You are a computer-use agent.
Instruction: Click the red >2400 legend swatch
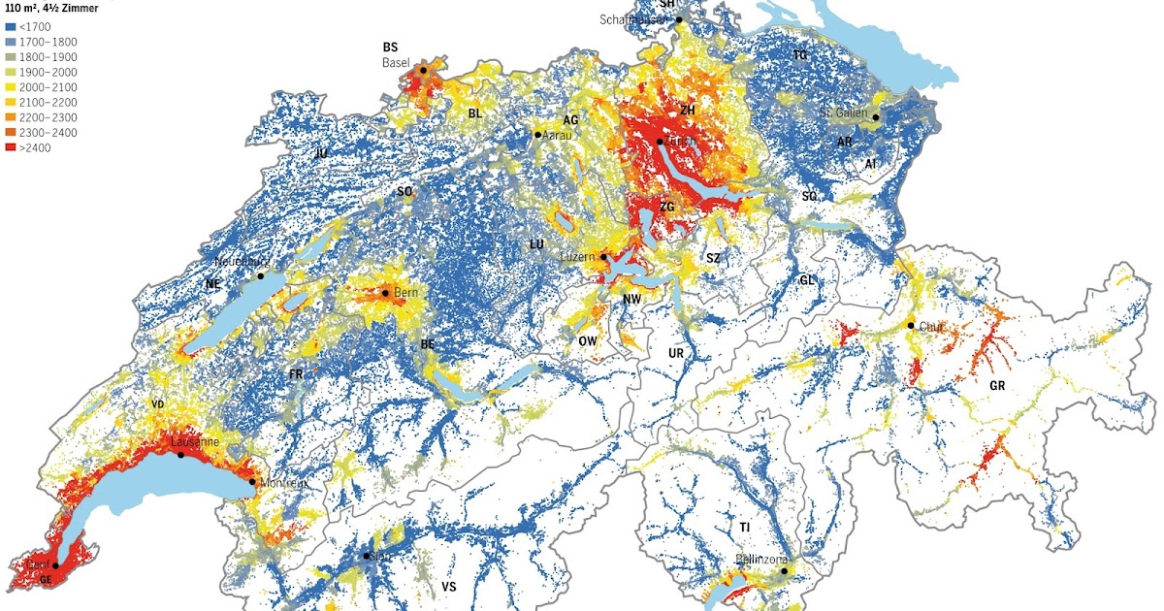tap(11, 147)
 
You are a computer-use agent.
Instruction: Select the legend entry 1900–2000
tap(11, 72)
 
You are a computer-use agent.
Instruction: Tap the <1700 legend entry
tap(11, 27)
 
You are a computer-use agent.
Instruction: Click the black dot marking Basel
tap(423, 71)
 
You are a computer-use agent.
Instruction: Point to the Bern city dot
tap(385, 293)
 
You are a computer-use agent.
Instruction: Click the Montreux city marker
tap(252, 482)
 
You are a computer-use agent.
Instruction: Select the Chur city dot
tap(911, 326)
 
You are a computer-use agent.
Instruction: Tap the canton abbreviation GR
tap(996, 385)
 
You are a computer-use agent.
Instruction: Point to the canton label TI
tap(744, 527)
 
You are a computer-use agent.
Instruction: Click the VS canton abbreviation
tap(449, 588)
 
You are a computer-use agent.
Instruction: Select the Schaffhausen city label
tap(635, 19)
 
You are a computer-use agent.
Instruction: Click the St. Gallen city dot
tap(876, 117)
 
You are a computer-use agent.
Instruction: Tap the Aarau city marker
tap(537, 135)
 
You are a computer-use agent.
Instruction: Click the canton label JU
tap(321, 153)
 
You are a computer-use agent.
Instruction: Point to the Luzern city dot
tap(603, 258)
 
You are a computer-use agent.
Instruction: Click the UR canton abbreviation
tap(676, 354)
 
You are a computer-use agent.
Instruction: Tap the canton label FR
tap(297, 373)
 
